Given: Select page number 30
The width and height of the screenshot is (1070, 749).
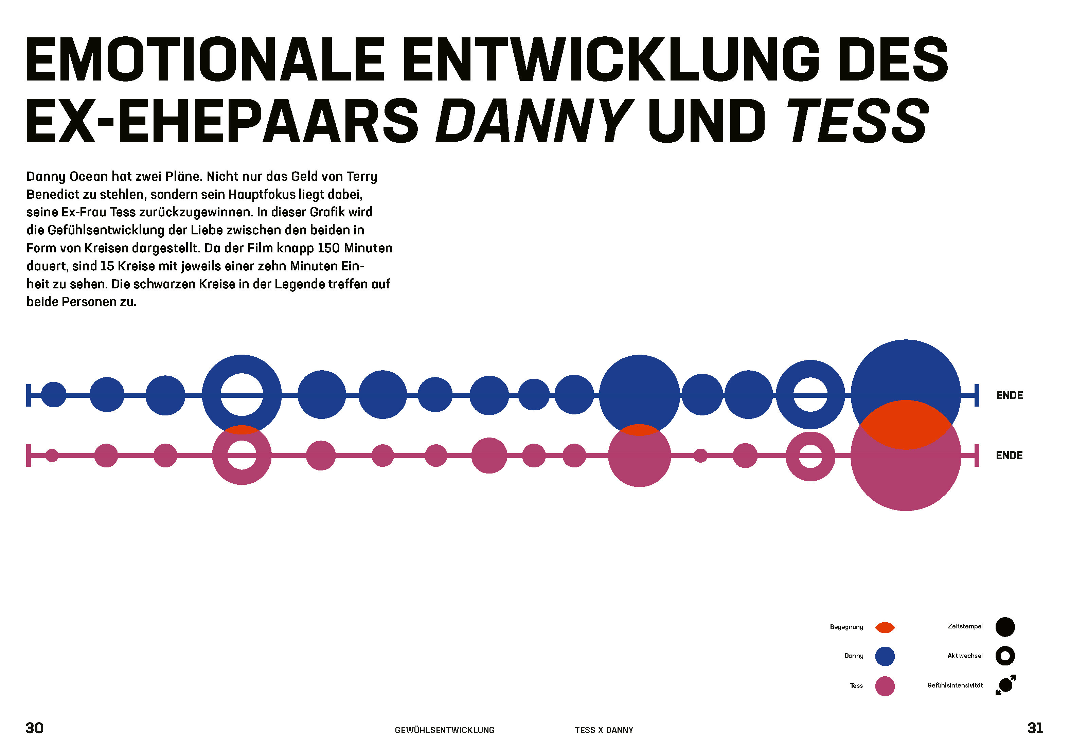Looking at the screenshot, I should (x=35, y=728).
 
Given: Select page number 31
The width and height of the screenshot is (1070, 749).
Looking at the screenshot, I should (x=1035, y=728).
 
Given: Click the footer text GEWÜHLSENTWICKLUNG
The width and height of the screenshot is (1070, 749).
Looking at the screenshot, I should (x=445, y=730).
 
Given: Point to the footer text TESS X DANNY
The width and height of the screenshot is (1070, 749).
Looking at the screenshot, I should (x=604, y=730).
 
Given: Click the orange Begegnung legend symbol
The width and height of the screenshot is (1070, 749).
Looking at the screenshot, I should (x=885, y=627).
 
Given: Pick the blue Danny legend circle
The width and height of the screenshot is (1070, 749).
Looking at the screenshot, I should (x=885, y=656).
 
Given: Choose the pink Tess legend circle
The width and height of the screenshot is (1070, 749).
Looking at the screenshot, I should (x=885, y=686).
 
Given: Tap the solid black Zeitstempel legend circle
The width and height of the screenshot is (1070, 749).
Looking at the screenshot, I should (x=1005, y=627).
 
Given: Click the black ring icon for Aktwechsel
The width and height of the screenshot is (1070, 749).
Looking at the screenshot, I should (x=1005, y=656).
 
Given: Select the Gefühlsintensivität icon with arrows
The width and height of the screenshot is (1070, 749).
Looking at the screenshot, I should (x=1005, y=685).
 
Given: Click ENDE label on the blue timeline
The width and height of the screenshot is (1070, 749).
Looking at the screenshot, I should (x=1010, y=395).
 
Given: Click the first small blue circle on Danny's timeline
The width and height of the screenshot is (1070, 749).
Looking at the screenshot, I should (x=54, y=395).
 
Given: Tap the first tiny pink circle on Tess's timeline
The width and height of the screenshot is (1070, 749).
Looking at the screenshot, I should (x=52, y=456).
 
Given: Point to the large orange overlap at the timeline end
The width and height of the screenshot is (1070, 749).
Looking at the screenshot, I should (x=906, y=424).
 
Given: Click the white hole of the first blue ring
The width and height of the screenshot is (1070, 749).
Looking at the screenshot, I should (x=242, y=395).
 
